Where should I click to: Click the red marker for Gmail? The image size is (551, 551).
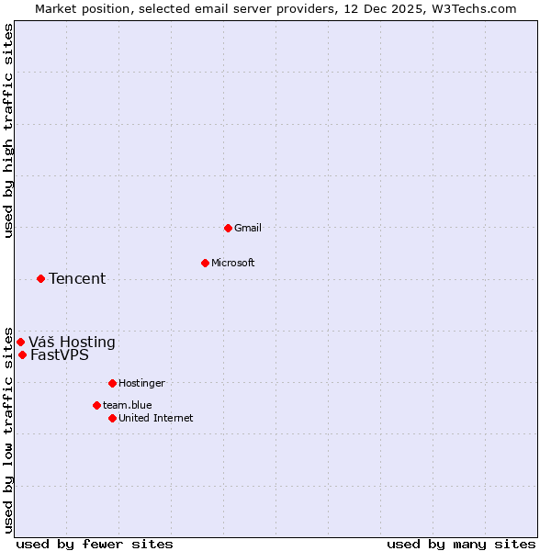click(228, 228)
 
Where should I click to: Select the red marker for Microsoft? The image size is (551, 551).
click(205, 263)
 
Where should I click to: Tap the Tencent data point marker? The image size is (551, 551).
click(40, 278)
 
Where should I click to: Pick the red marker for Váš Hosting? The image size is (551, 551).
click(20, 343)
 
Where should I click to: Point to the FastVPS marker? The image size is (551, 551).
click(22, 354)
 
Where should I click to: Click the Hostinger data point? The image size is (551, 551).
click(112, 383)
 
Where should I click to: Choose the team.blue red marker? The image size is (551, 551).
click(96, 405)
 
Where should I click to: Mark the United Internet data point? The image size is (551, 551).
click(112, 418)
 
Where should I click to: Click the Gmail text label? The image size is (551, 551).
click(248, 228)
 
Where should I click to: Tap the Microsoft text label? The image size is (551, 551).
click(233, 263)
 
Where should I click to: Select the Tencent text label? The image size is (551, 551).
click(77, 278)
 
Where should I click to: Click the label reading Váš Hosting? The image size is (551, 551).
click(72, 343)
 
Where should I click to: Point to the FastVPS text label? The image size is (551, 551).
click(60, 354)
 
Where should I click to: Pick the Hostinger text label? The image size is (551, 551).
click(141, 383)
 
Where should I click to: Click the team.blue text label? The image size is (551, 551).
click(128, 405)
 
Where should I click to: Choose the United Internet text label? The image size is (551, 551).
click(156, 418)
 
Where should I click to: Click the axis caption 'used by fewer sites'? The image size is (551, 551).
click(95, 544)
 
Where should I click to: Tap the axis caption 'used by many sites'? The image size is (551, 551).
click(461, 544)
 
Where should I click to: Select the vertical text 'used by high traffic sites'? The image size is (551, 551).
click(8, 130)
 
